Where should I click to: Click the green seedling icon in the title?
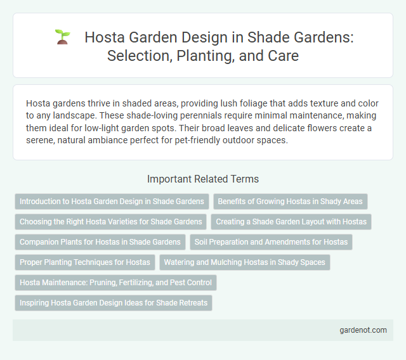(62, 37)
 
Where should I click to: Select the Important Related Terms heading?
(202, 179)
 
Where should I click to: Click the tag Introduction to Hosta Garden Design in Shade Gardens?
(112, 202)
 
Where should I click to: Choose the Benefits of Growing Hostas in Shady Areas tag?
(290, 202)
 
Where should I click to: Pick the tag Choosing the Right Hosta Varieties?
(111, 222)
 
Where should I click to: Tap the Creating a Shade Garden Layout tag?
(294, 222)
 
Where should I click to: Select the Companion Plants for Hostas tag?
(100, 242)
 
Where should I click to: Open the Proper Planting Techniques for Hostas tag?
(85, 262)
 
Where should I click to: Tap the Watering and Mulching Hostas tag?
(245, 262)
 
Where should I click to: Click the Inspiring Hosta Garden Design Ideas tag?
(114, 303)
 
